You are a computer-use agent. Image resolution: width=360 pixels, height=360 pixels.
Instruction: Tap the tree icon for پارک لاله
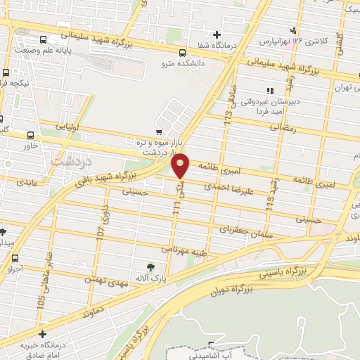[150, 267]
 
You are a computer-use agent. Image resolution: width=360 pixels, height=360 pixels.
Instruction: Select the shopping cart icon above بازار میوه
[160, 131]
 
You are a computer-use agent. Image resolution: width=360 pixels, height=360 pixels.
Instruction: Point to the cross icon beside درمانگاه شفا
[217, 34]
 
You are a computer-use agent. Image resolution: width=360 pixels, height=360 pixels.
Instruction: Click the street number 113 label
[228, 112]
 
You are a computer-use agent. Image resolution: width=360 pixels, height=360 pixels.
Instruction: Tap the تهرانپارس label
[275, 41]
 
